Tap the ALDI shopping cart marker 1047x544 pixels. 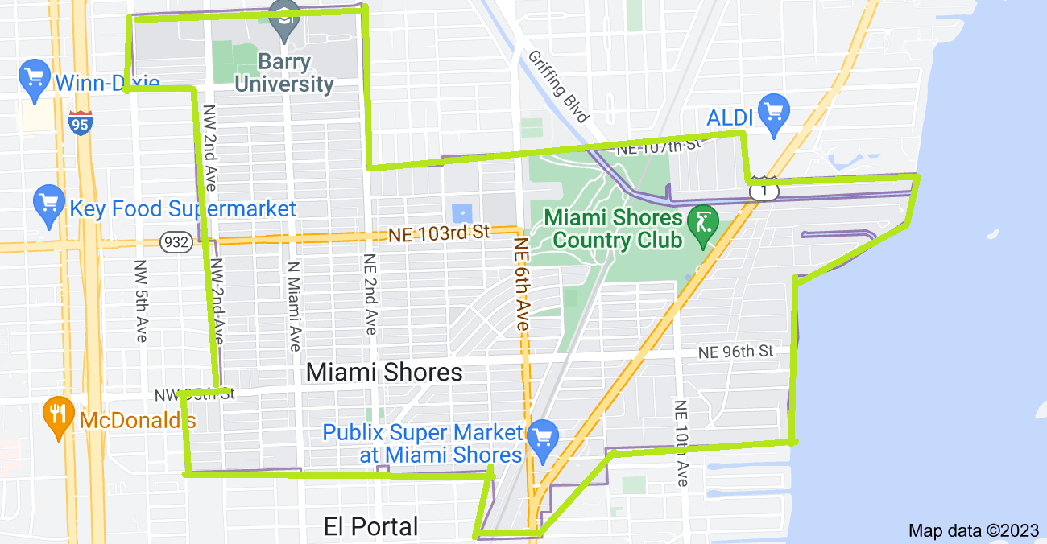click(774, 113)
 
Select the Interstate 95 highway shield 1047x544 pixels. click(80, 123)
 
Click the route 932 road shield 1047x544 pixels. click(175, 241)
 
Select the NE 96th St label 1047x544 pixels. click(735, 351)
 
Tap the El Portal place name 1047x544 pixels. click(370, 527)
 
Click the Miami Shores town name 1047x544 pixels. click(385, 372)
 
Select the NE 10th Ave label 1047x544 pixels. click(681, 443)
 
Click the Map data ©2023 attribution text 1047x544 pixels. click(973, 530)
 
